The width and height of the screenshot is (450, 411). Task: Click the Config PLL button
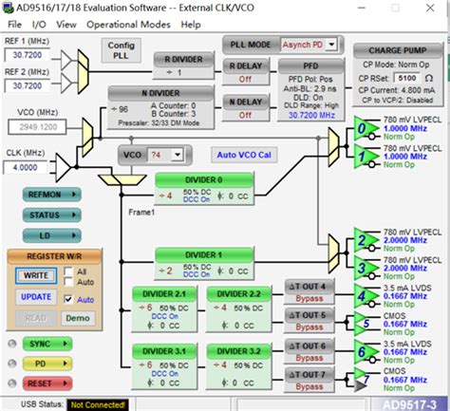click(121, 51)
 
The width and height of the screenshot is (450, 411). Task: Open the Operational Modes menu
click(130, 24)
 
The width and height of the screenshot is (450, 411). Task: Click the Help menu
click(191, 24)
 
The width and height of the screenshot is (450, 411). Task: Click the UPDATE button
click(36, 296)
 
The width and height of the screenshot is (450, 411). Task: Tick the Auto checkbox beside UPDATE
click(68, 298)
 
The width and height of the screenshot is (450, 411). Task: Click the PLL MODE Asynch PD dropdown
click(298, 44)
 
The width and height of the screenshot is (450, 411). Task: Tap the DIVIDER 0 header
click(203, 179)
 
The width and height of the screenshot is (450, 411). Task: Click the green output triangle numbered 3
click(362, 265)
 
